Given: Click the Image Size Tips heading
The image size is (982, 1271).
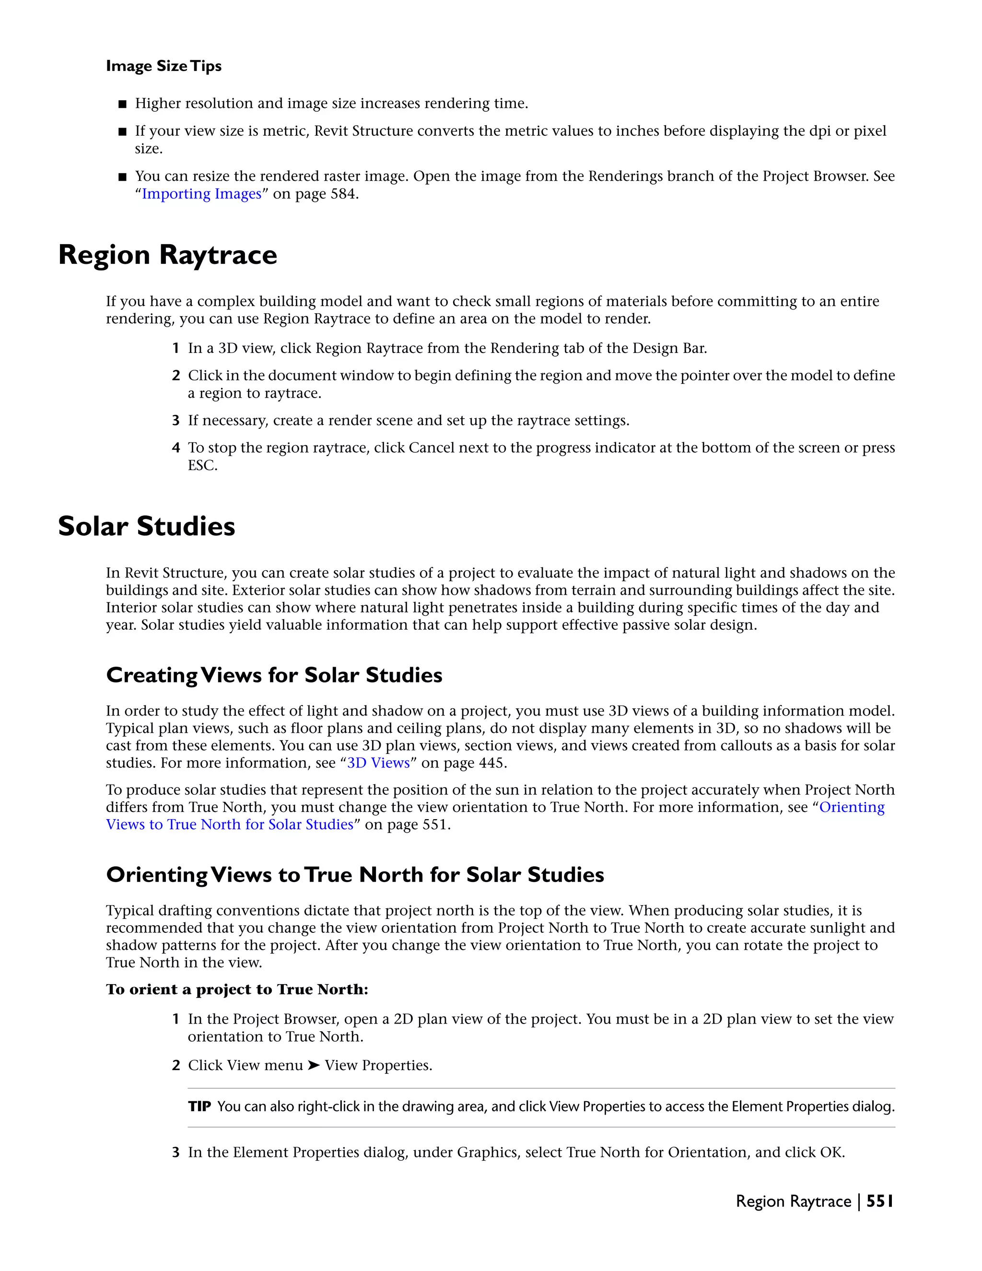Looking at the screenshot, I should point(164,66).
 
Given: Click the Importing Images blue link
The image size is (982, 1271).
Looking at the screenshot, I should point(201,194).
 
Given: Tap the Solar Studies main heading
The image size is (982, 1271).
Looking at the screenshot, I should point(147,526).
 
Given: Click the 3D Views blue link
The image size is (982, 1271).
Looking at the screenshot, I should point(378,763).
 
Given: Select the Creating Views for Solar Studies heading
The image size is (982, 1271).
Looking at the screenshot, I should point(274,675).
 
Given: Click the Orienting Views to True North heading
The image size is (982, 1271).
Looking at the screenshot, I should point(355,875).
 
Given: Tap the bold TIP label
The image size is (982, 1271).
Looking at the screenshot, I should point(199,1106).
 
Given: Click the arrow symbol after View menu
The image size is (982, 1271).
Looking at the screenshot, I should point(314,1065).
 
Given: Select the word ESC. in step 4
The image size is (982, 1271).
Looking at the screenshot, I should point(202,466).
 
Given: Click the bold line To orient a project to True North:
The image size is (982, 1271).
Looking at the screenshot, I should point(237,990).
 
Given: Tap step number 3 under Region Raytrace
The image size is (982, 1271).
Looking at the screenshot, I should point(175,421).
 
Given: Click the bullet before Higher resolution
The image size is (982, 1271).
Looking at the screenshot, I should point(122,104).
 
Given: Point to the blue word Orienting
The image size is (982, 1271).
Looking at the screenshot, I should point(852,807).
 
